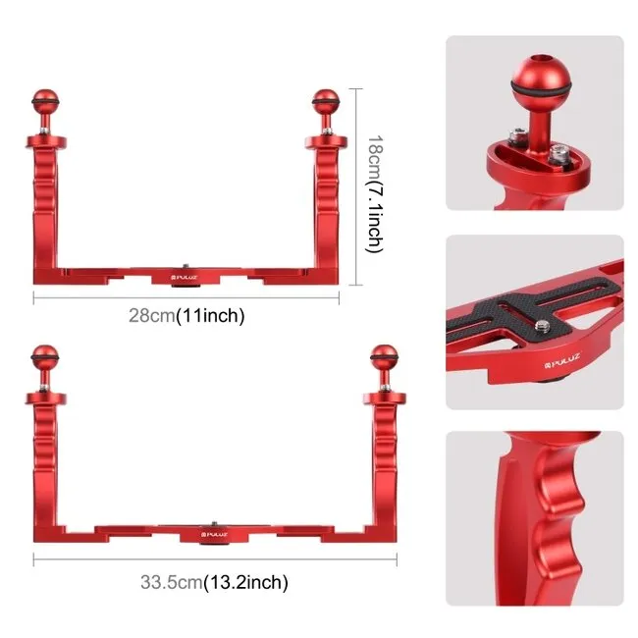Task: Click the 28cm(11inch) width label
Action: point(186,315)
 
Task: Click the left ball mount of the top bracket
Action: point(44,101)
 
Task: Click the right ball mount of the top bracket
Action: point(326,101)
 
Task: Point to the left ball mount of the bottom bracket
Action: point(44,356)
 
